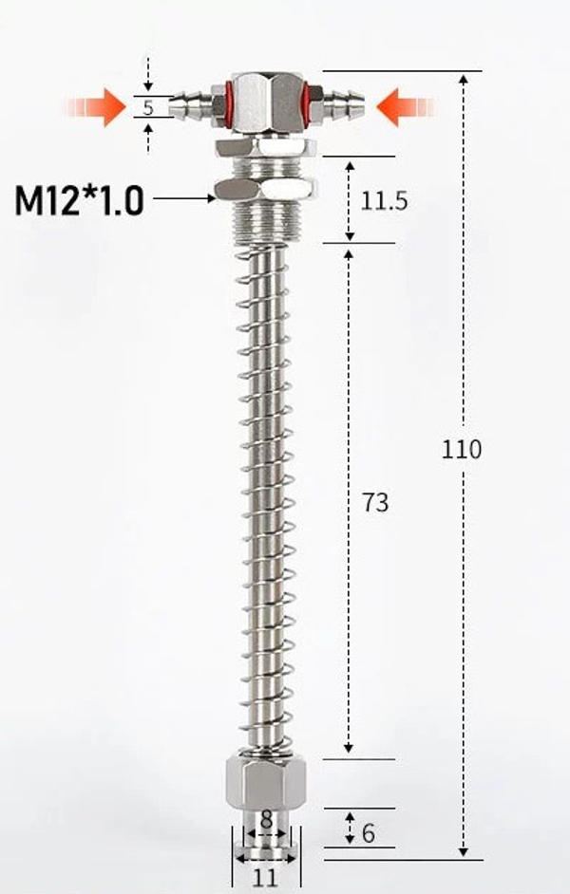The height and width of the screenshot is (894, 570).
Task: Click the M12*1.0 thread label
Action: [79, 200]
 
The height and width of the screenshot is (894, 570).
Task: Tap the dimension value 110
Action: [461, 449]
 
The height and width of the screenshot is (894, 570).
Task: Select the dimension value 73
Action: [376, 502]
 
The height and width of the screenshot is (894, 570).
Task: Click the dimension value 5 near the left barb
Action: [148, 106]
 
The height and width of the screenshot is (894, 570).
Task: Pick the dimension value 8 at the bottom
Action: [266, 818]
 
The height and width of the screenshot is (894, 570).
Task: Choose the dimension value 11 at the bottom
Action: [266, 878]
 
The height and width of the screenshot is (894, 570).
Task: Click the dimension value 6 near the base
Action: [369, 832]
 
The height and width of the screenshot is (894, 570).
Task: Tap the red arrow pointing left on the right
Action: [405, 106]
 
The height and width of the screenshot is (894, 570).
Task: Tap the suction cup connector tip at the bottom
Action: [266, 840]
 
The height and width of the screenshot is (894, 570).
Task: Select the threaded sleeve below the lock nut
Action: [266, 221]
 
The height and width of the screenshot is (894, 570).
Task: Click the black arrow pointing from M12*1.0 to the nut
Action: [184, 198]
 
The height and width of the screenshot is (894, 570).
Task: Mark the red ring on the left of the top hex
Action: [219, 99]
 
